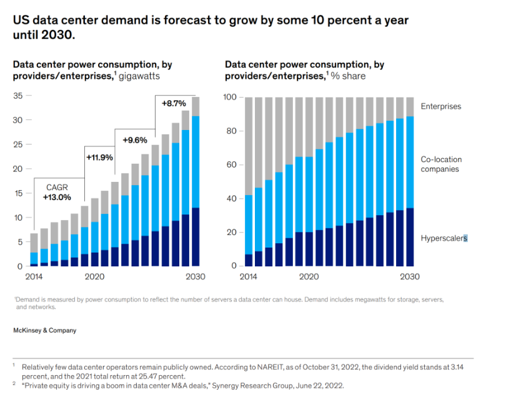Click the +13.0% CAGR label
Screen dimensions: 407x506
click(57, 197)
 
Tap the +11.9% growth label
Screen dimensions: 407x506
click(99, 157)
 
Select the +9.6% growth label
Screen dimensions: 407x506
click(135, 140)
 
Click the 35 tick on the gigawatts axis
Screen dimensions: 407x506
click(17, 96)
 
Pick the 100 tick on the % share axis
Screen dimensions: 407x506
click(230, 98)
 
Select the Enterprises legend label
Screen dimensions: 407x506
click(440, 106)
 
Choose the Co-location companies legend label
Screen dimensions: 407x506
click(441, 164)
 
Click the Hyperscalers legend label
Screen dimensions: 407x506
click(444, 238)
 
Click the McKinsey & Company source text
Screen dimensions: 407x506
click(44, 329)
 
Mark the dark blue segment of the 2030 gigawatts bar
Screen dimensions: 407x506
click(196, 237)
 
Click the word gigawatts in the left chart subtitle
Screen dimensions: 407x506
click(139, 76)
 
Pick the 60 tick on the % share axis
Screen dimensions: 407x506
click(232, 165)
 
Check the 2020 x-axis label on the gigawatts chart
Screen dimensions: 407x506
click(94, 277)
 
